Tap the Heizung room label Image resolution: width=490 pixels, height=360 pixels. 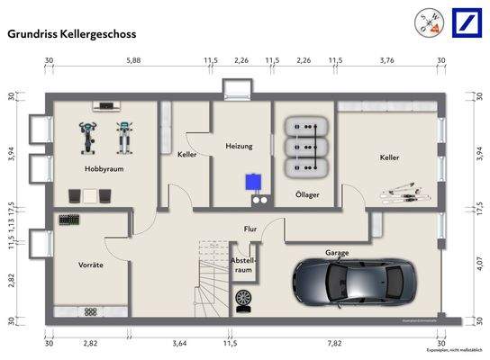click(x=240, y=146)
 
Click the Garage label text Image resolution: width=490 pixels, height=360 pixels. click(x=337, y=254)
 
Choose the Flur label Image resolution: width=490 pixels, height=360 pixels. click(x=250, y=229)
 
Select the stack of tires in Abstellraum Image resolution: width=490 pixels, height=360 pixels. click(x=243, y=301)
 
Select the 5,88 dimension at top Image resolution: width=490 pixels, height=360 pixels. click(x=132, y=61)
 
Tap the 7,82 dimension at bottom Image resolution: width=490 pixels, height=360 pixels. click(x=335, y=343)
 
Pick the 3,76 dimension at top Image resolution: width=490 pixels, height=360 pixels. click(x=387, y=61)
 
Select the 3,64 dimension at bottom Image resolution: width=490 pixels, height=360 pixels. click(x=179, y=343)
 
